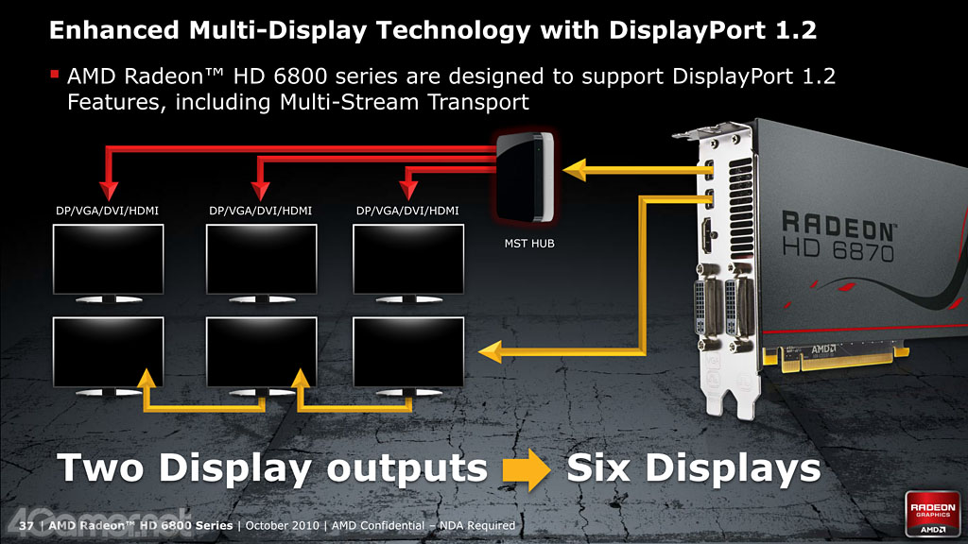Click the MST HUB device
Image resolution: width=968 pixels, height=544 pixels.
click(x=526, y=177)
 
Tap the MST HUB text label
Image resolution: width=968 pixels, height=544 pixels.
click(x=529, y=244)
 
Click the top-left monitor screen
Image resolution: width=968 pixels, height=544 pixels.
click(x=108, y=259)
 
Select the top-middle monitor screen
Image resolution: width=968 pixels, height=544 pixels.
click(x=261, y=259)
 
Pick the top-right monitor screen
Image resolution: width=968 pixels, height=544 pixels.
click(x=408, y=259)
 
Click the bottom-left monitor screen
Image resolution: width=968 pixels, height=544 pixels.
click(x=108, y=351)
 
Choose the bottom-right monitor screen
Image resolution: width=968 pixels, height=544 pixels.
click(x=408, y=351)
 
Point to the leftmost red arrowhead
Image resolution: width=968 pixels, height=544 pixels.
click(x=109, y=190)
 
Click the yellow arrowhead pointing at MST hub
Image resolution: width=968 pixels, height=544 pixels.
click(x=574, y=170)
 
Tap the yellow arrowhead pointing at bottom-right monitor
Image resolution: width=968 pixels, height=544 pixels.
click(x=491, y=352)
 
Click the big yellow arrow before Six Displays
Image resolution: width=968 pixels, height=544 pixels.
click(x=526, y=468)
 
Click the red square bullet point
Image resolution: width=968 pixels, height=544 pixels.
click(x=54, y=75)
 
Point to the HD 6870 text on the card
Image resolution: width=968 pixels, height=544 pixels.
click(x=838, y=249)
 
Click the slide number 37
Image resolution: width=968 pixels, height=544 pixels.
click(x=26, y=525)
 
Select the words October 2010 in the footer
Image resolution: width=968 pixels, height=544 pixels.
click(x=282, y=525)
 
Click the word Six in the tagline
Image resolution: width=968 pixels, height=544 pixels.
click(x=598, y=467)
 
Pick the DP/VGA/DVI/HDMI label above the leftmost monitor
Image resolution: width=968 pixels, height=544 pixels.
click(x=108, y=211)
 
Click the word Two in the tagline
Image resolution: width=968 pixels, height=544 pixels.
click(x=100, y=467)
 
